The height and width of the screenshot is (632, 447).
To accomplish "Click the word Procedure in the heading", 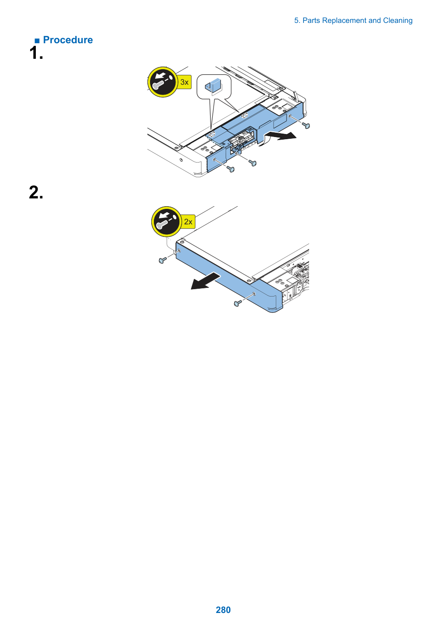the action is pyautogui.click(x=68, y=40).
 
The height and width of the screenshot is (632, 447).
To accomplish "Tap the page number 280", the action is pyautogui.click(x=223, y=610).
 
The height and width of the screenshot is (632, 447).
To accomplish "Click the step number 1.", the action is pyautogui.click(x=36, y=53).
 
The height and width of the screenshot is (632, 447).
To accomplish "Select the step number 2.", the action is pyautogui.click(x=36, y=192).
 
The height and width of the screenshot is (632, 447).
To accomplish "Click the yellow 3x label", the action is pyautogui.click(x=184, y=82).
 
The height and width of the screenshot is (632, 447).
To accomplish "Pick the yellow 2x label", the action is pyautogui.click(x=188, y=222).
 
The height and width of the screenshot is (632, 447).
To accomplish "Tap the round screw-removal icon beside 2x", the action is pyautogui.click(x=166, y=221).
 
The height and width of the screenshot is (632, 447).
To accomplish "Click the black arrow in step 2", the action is pyautogui.click(x=205, y=281).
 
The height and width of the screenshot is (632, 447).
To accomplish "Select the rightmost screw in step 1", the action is pyautogui.click(x=306, y=125).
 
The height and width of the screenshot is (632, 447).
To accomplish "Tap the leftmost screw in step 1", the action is pyautogui.click(x=230, y=169).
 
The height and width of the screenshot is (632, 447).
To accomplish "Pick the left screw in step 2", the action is pyautogui.click(x=163, y=260).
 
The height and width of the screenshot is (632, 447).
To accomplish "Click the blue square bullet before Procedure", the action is pyautogui.click(x=37, y=41).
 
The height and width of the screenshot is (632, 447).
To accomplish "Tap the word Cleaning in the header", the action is pyautogui.click(x=398, y=21).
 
